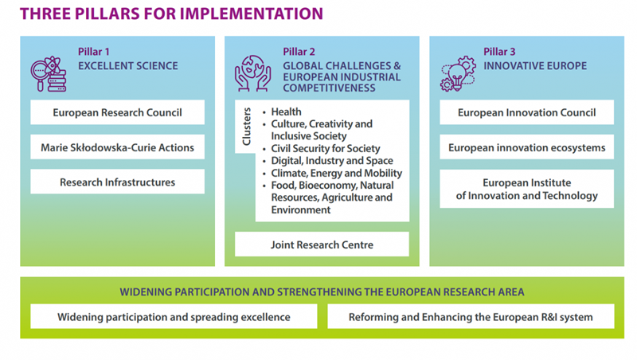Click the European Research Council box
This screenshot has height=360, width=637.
coord(117,112)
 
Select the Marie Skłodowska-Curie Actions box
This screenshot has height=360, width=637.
coord(117,147)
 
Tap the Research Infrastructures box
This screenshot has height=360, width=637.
coord(117,182)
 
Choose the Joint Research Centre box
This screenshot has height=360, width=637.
coord(322,245)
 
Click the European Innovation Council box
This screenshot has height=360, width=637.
coord(526,112)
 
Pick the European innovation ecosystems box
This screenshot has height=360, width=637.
coord(526,147)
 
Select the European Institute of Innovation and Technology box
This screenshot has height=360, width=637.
coord(526,189)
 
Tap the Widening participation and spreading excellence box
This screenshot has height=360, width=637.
coord(174,316)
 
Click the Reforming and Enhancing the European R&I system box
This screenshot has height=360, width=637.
coord(471,316)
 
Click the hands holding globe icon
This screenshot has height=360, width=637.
coord(252,73)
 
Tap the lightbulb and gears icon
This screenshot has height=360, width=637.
coord(458,73)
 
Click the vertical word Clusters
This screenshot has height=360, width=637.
coord(246,127)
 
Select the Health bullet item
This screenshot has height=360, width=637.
coord(287,112)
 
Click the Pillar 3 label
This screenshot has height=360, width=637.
coord(499,52)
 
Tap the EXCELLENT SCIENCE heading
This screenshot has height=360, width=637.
coord(128,66)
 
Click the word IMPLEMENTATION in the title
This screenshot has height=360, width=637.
coord(252,14)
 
